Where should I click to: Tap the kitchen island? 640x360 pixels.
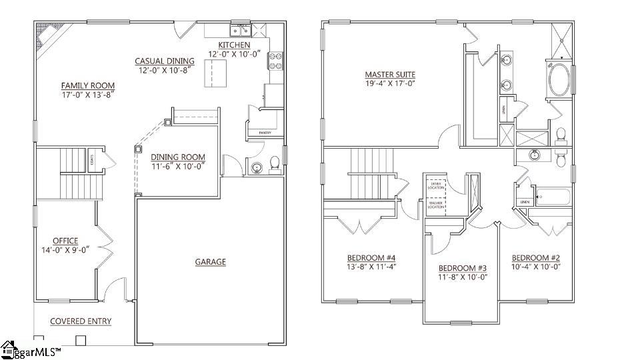214,72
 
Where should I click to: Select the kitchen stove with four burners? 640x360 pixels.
276,61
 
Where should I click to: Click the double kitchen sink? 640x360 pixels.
239,30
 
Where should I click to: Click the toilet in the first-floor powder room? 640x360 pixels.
273,163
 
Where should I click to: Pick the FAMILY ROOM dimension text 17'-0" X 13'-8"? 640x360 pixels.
88,95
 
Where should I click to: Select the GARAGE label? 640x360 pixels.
210,262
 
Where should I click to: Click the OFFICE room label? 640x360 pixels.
65,241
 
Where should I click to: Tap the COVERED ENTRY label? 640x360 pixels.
81,321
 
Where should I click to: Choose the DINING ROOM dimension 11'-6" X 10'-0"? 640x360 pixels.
177,166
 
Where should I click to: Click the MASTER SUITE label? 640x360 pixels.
390,74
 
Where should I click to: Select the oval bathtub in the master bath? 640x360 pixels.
559,80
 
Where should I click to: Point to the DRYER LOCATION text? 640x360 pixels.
435,185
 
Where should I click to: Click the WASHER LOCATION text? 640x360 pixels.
435,205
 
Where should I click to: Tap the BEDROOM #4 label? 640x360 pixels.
371,258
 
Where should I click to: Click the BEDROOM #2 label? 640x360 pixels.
536,258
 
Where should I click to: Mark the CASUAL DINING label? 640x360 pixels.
165,61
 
